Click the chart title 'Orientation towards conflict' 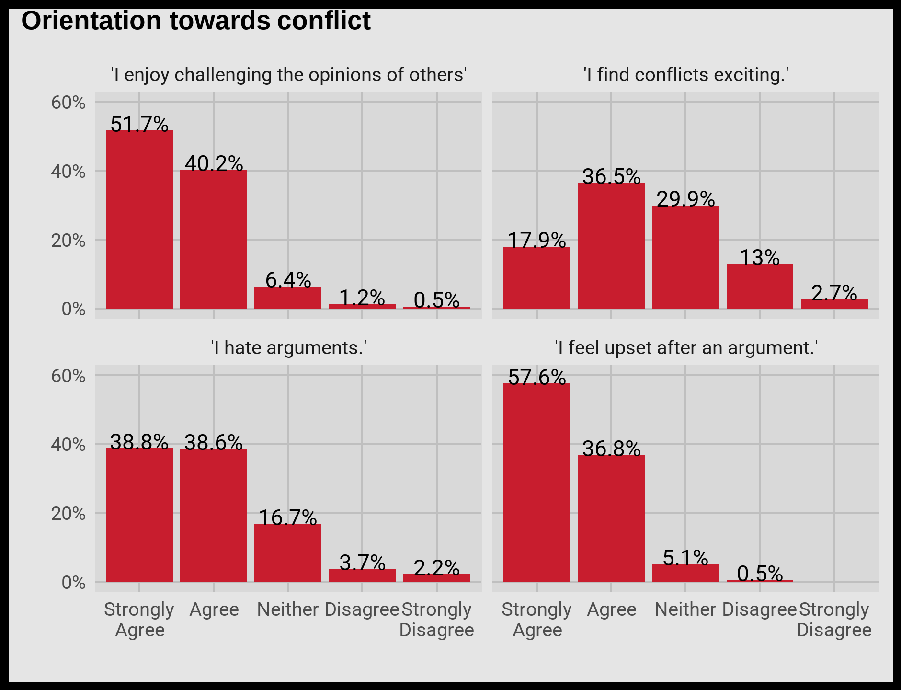point(196,21)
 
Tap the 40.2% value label point(214,164)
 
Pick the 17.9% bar point(537,277)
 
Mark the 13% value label point(760,258)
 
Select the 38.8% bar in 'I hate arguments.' point(139,515)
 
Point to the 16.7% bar point(288,553)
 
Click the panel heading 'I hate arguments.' point(288,347)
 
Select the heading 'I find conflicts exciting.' point(685,75)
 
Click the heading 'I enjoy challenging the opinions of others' point(288,75)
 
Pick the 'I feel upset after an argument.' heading point(685,347)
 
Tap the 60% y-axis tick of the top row point(68,103)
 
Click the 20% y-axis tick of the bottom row point(68,514)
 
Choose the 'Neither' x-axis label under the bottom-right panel point(685,609)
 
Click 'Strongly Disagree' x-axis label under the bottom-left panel point(436,620)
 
